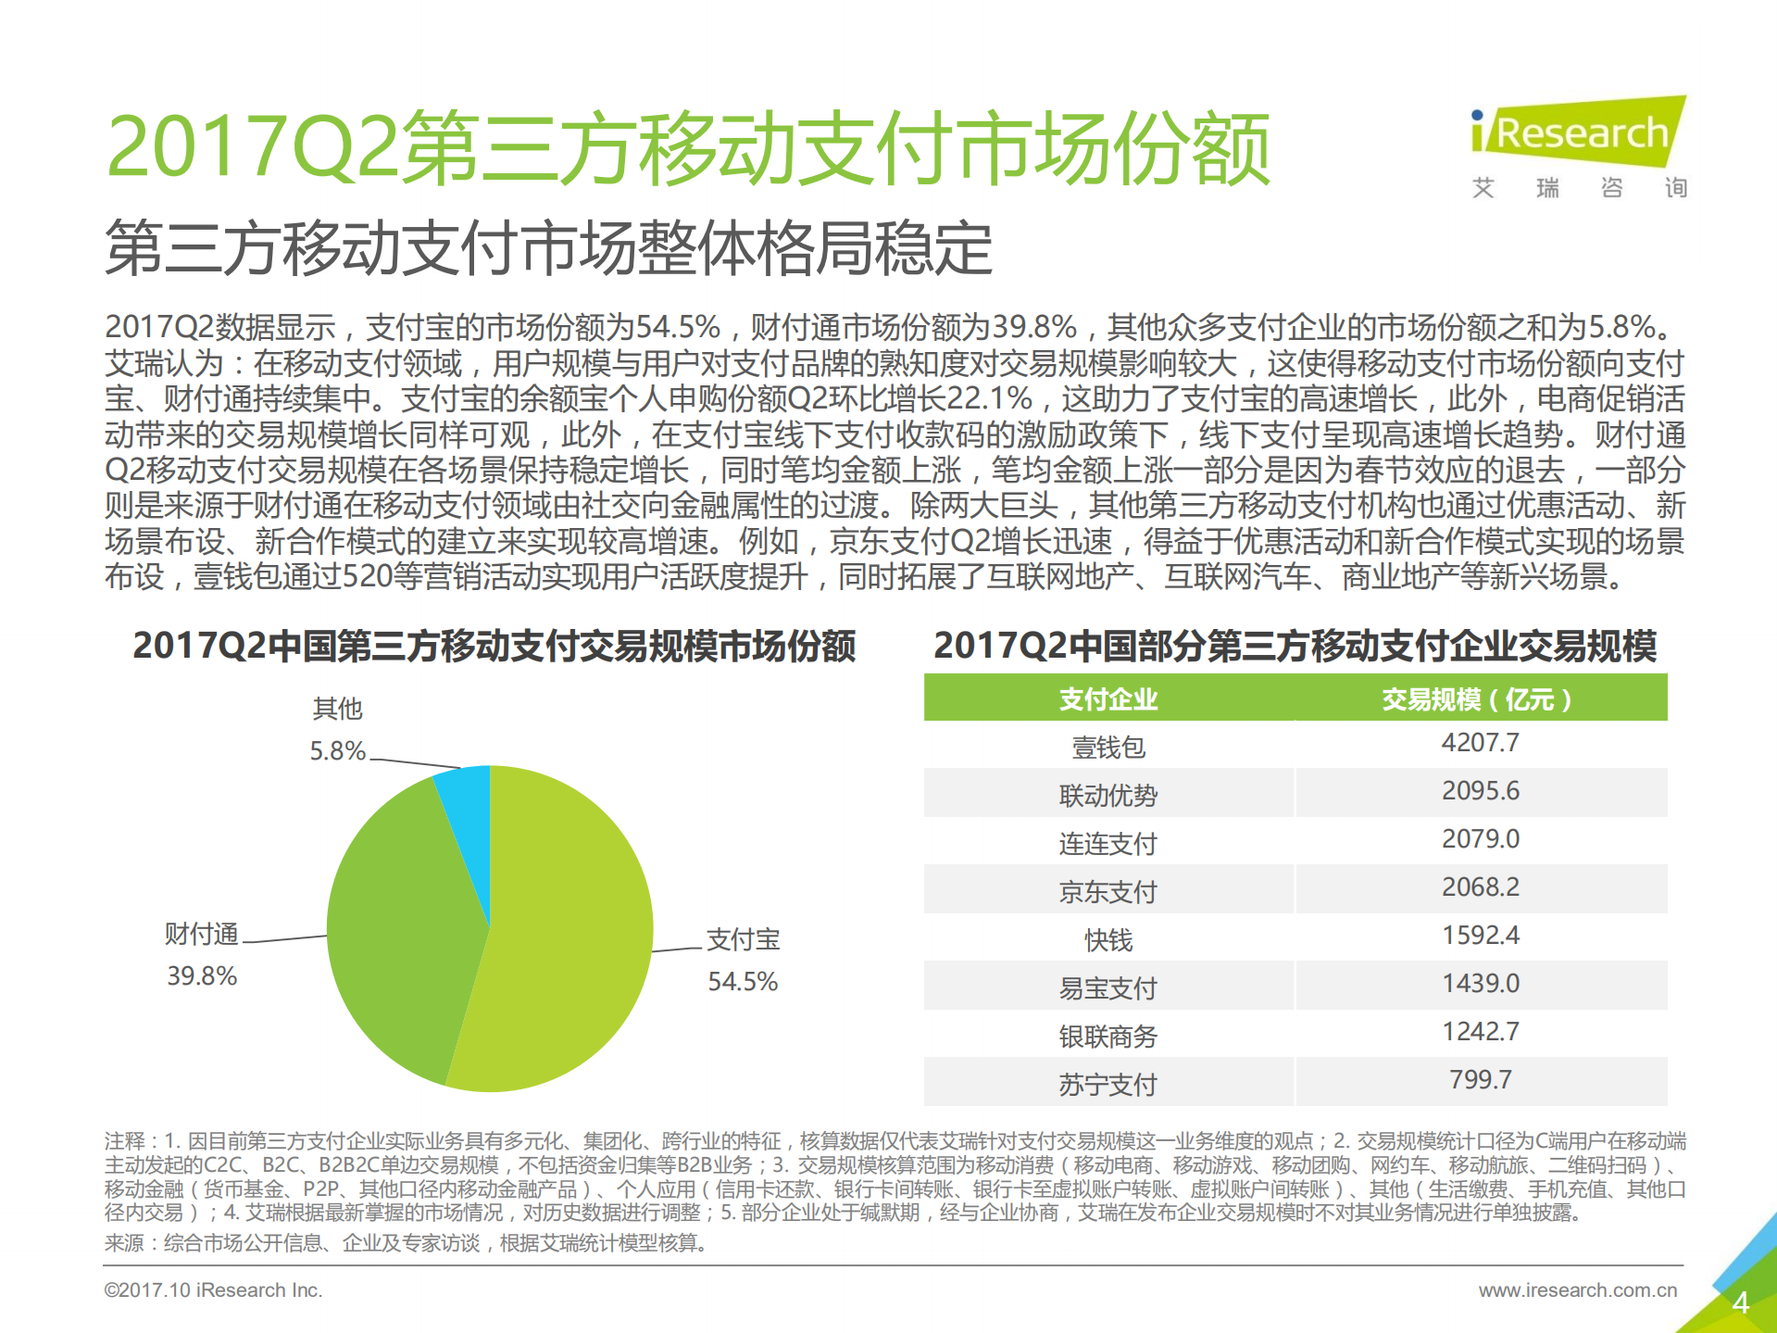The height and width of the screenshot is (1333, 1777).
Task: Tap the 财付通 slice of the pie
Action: pos(398,926)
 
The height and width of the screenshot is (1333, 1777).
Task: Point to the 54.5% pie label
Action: pos(743,982)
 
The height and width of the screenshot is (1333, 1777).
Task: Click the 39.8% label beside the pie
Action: pos(202,976)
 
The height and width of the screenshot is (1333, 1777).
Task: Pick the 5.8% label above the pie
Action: pos(337,751)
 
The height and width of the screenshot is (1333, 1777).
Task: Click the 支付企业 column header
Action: pos(1107,699)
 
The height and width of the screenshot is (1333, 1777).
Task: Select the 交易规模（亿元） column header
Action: pos(1479,699)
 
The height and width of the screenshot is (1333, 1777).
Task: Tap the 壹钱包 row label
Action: pos(1107,748)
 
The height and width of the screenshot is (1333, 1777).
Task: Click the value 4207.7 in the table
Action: pos(1480,743)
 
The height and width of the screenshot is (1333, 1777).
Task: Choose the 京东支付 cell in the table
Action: pos(1107,892)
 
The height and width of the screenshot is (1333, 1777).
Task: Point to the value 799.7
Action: pos(1480,1080)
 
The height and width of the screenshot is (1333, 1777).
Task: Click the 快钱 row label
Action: pos(1107,940)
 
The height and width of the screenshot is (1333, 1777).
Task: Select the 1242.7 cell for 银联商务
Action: pos(1480,1032)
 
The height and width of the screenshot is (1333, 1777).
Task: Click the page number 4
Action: pos(1740,1303)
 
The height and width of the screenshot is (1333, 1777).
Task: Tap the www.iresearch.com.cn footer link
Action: pos(1577,1290)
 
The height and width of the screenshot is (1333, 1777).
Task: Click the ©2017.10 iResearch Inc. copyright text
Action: pos(213,1290)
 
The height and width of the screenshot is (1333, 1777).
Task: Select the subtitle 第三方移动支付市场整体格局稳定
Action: pos(548,248)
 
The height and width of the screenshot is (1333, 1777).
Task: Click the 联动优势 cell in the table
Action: pos(1107,796)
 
